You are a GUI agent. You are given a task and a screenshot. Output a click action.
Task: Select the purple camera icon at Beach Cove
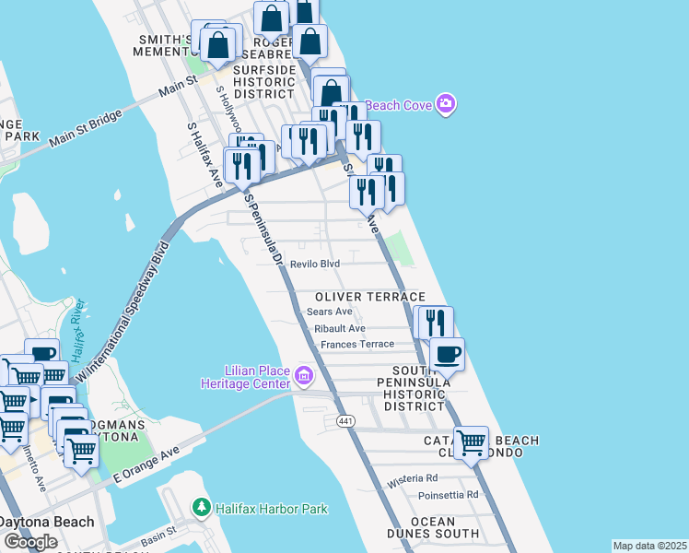point(446,104)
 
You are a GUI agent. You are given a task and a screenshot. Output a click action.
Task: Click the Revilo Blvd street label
point(315,264)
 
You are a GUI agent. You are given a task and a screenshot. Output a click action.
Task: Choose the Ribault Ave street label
point(340,328)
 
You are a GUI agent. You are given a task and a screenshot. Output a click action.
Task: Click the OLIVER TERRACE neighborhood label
point(370,297)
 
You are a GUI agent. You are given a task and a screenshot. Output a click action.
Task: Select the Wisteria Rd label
point(413,478)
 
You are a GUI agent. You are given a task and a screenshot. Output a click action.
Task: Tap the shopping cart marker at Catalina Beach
point(472,441)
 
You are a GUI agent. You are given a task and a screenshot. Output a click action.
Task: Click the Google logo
point(30,542)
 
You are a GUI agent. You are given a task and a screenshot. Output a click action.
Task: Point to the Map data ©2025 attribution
point(649,546)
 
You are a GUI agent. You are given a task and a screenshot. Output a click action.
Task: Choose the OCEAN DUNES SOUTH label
point(433,527)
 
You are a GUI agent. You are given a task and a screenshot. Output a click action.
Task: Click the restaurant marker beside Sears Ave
point(435,322)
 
